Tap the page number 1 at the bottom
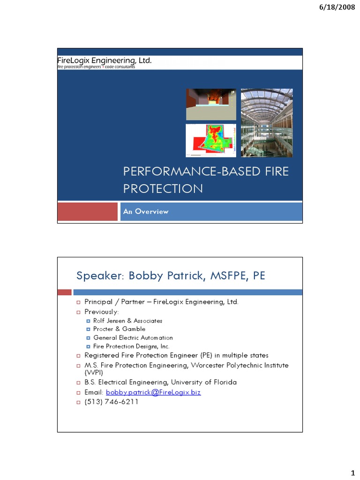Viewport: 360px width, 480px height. point(352,471)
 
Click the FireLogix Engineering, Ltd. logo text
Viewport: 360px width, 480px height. point(104,60)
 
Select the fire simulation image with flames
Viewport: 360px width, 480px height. point(211,104)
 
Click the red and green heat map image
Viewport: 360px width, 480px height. point(211,140)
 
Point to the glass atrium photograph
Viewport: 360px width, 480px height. point(267,123)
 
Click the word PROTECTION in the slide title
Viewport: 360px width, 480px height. point(163,188)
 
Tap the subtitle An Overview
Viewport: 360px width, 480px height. point(145,211)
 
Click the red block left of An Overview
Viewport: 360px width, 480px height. point(87,211)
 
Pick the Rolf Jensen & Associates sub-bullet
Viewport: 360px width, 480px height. point(127,321)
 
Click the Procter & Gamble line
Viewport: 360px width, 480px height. point(119,329)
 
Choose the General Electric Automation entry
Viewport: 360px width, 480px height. point(133,337)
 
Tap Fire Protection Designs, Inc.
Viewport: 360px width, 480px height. point(131,346)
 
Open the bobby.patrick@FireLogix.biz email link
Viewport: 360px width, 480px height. point(153,392)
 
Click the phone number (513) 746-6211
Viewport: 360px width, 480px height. point(111,402)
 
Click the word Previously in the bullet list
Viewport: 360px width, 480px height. point(101,312)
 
